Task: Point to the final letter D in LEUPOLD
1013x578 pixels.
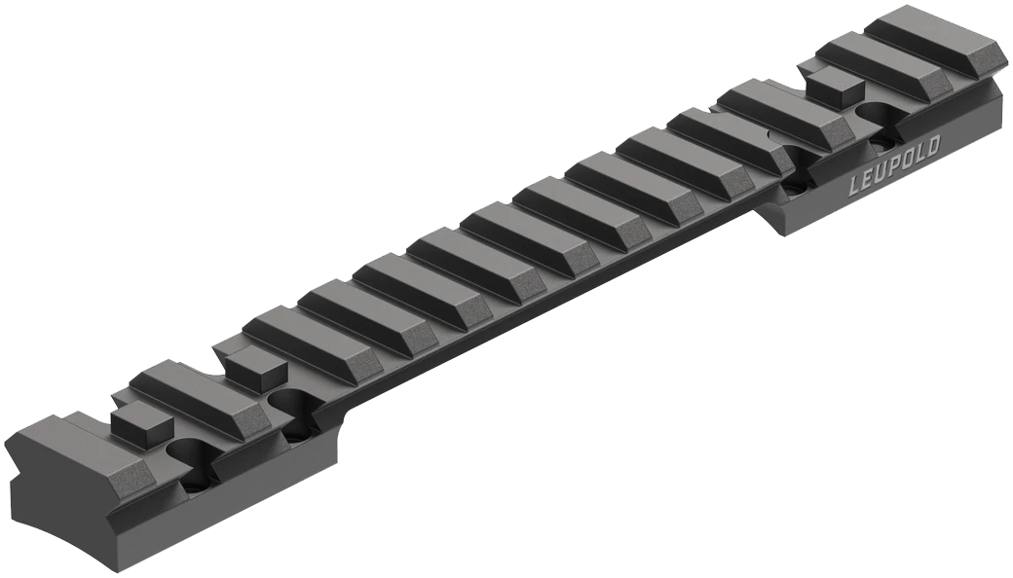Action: (x=933, y=146)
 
